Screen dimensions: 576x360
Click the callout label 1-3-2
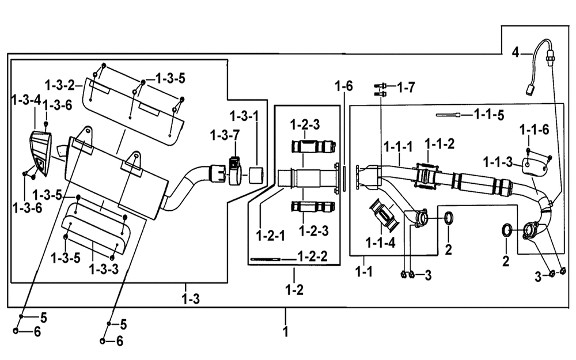(x=59, y=86)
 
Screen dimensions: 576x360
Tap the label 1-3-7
(x=225, y=135)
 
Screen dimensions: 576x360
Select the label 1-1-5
(x=489, y=115)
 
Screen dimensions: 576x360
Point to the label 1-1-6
(x=534, y=130)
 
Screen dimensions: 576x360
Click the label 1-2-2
(x=312, y=256)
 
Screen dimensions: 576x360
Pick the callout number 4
(x=516, y=52)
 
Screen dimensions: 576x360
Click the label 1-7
(x=406, y=88)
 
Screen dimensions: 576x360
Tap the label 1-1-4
(x=380, y=243)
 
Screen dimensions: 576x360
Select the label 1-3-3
(x=104, y=269)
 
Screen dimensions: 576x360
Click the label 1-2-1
(x=271, y=236)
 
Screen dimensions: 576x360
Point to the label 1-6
(x=343, y=86)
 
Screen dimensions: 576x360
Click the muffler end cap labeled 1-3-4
(x=40, y=153)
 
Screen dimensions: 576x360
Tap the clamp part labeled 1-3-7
(x=236, y=170)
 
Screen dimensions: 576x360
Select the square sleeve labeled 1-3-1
(x=256, y=175)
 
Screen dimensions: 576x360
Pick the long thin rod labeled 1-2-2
(x=265, y=259)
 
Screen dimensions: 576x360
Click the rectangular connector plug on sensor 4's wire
(x=530, y=89)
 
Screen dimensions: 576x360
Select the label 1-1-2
(x=439, y=143)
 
